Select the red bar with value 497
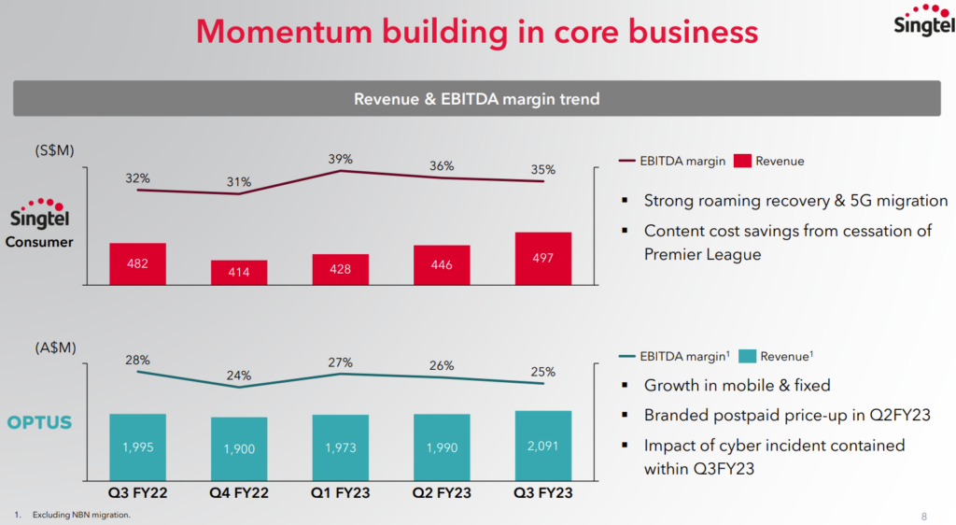click(542, 259)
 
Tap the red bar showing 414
click(239, 272)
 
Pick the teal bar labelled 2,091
click(542, 446)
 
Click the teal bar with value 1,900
click(239, 448)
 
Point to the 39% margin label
click(341, 159)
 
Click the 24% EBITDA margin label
click(239, 376)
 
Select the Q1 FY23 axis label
click(340, 492)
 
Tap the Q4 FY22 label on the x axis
click(239, 492)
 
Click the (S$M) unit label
click(55, 150)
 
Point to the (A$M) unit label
click(55, 348)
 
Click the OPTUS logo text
click(39, 422)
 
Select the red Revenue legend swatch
click(742, 161)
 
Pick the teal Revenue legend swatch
click(747, 356)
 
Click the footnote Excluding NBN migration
click(81, 515)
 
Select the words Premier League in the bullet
click(702, 254)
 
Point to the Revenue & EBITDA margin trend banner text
click(476, 99)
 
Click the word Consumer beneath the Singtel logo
click(40, 243)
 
